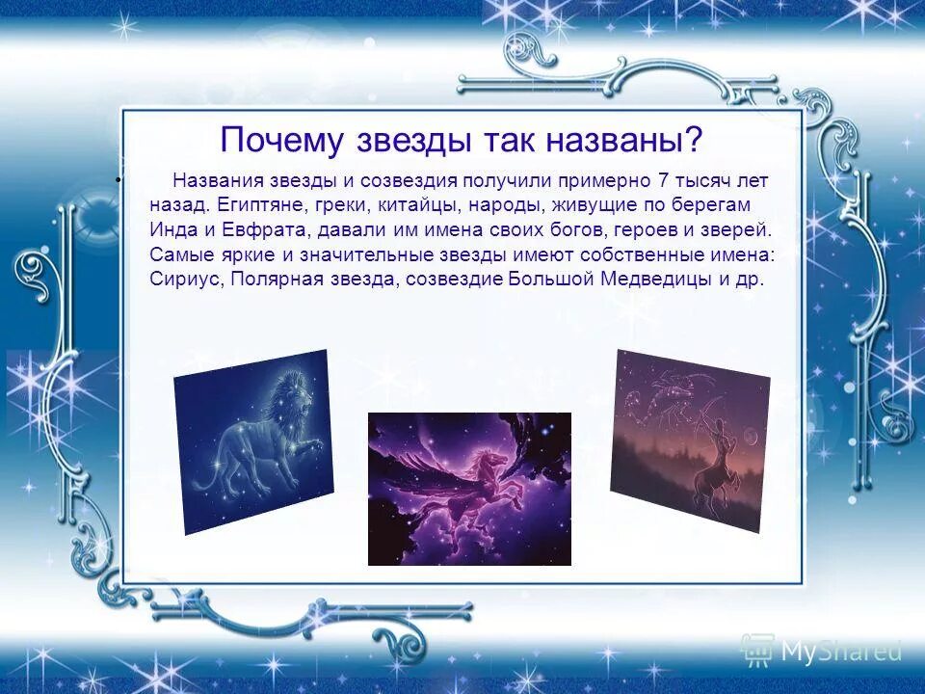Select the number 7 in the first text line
(x=661, y=181)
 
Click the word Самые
(x=179, y=255)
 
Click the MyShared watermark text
(x=840, y=652)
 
